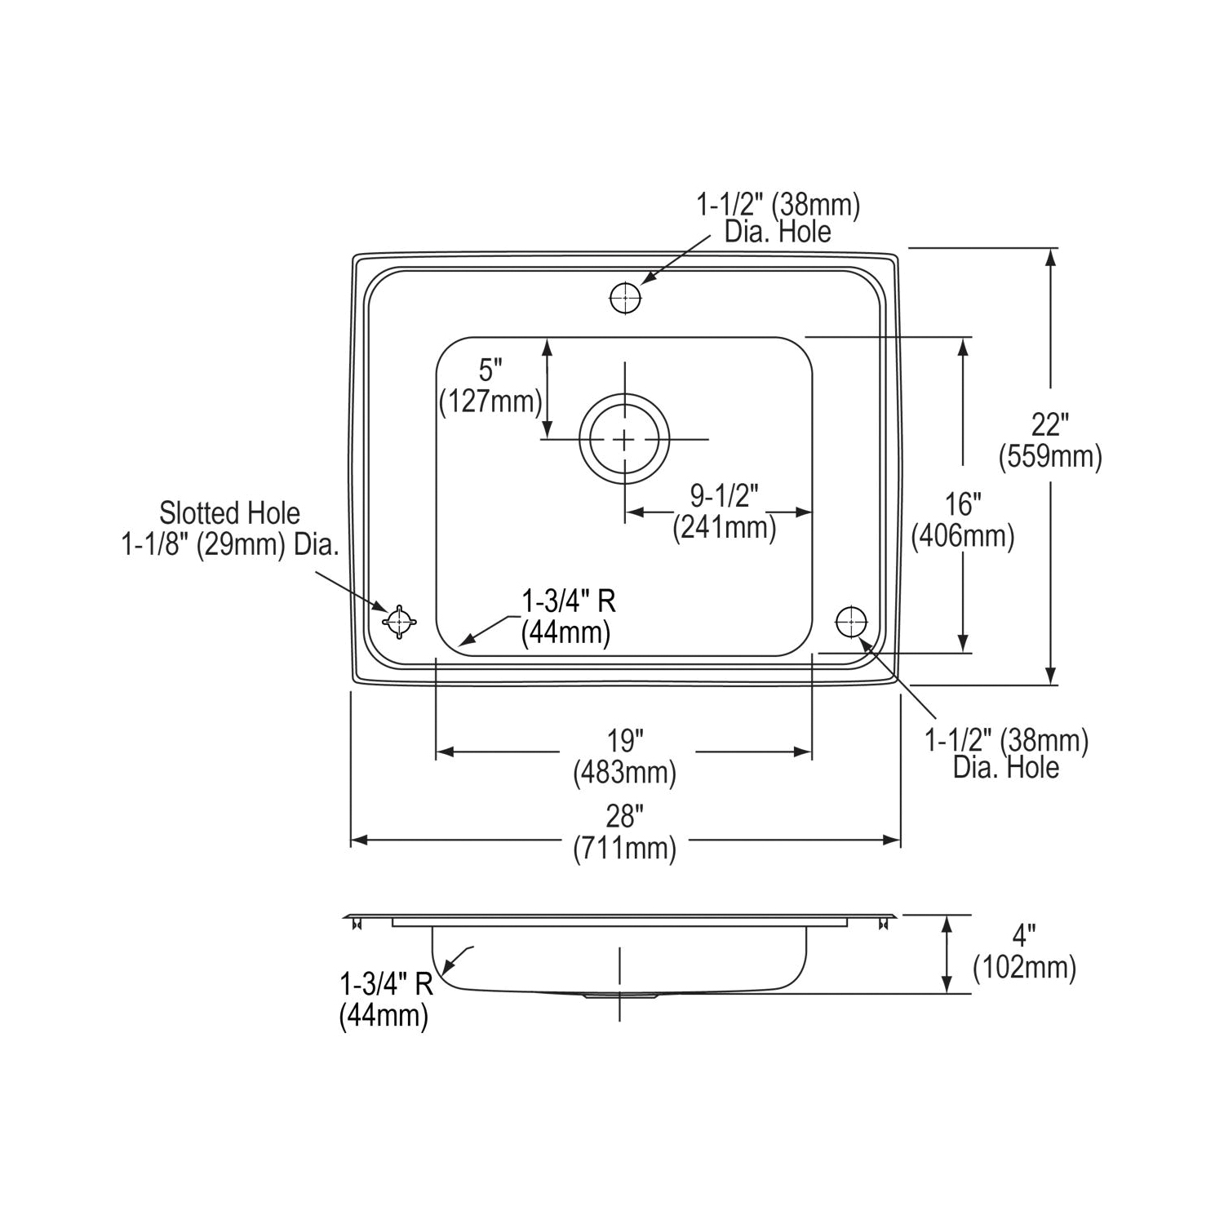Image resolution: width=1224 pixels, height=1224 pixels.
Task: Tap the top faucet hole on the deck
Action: pos(625,299)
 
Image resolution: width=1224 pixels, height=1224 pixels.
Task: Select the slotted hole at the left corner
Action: pos(398,623)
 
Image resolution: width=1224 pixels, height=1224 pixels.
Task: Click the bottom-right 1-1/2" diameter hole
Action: pos(851,622)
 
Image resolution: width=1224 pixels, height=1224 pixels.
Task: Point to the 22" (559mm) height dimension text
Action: pos(1050,441)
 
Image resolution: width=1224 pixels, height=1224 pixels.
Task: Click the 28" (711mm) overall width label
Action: pos(625,832)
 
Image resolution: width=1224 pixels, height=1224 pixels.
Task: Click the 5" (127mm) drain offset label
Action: pos(490,387)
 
